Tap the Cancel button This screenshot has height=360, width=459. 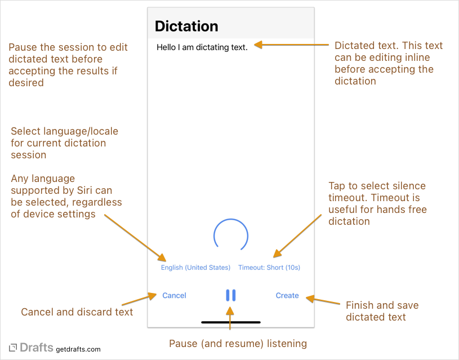click(174, 295)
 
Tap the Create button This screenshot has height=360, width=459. click(287, 295)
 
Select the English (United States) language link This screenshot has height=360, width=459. click(195, 268)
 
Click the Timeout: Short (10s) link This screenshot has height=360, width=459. click(269, 268)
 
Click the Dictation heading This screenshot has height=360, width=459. click(186, 26)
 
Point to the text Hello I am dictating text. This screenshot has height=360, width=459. click(202, 47)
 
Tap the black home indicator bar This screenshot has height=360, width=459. click(231, 322)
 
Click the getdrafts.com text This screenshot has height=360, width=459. click(78, 349)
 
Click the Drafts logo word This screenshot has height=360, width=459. click(37, 348)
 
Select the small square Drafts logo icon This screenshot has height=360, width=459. click(13, 348)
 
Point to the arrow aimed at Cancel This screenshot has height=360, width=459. click(139, 299)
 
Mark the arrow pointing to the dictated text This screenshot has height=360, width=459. click(291, 45)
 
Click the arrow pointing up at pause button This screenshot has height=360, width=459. click(230, 318)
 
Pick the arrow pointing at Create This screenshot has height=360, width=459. click(323, 300)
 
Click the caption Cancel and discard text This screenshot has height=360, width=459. click(77, 312)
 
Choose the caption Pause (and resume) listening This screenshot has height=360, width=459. click(238, 343)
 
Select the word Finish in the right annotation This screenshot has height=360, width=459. click(360, 305)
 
